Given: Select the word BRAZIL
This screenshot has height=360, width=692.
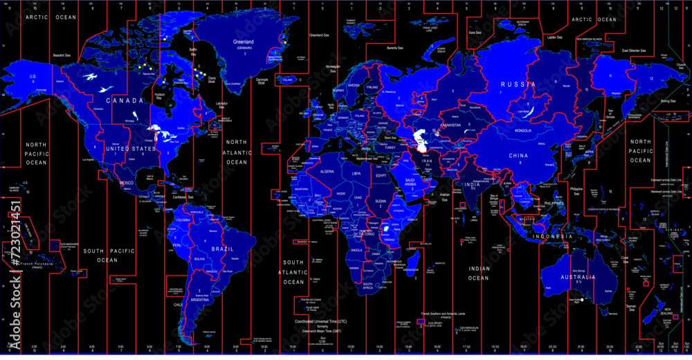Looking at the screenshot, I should click(222, 249).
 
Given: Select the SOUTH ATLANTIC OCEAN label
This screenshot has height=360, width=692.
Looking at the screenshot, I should click(293, 272).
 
